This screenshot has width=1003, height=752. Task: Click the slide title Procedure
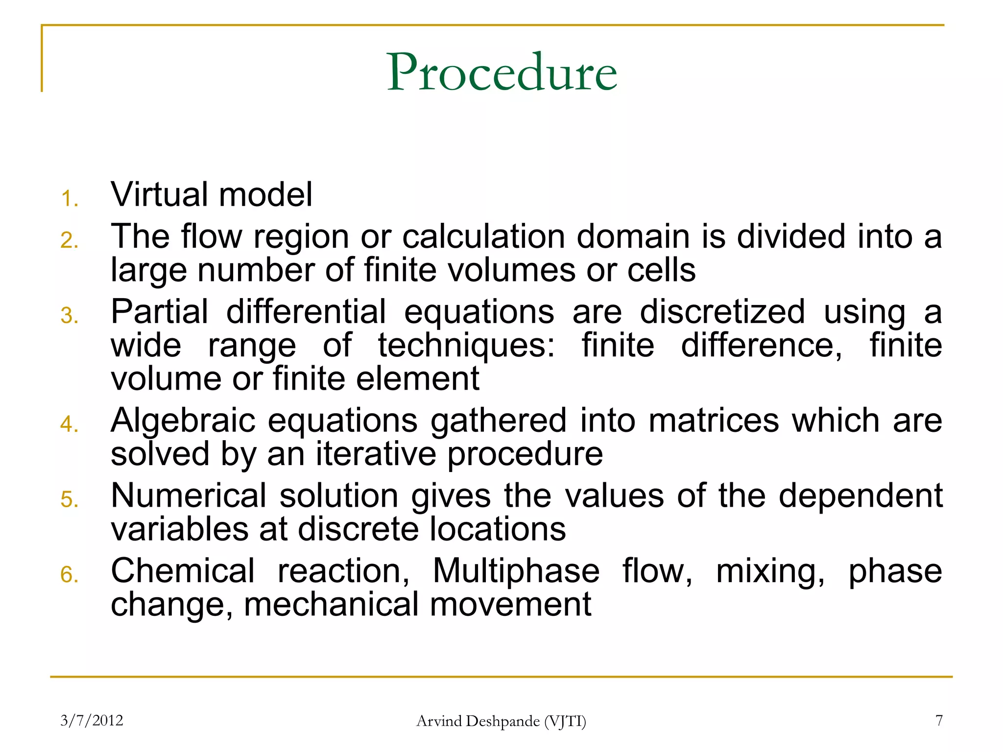pos(501,72)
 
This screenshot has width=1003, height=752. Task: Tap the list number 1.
pos(70,199)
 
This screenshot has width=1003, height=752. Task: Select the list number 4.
pos(70,424)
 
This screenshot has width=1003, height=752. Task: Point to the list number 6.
pos(70,574)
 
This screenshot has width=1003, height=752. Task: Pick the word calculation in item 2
pos(484,236)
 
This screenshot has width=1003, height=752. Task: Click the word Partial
pos(160,312)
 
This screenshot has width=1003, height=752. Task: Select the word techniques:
pos(467,346)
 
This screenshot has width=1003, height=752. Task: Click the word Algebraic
pos(183,421)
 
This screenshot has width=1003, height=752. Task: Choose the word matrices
pos(714,421)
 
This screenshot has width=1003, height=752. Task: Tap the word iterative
pos(376,454)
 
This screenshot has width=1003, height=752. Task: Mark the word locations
pos(498,529)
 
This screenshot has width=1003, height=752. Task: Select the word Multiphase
pos(516,571)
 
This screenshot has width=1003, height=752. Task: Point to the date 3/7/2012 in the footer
pos(92,721)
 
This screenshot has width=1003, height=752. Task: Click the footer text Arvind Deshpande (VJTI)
pos(501,721)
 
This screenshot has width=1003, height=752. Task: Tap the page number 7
pos(939,721)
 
